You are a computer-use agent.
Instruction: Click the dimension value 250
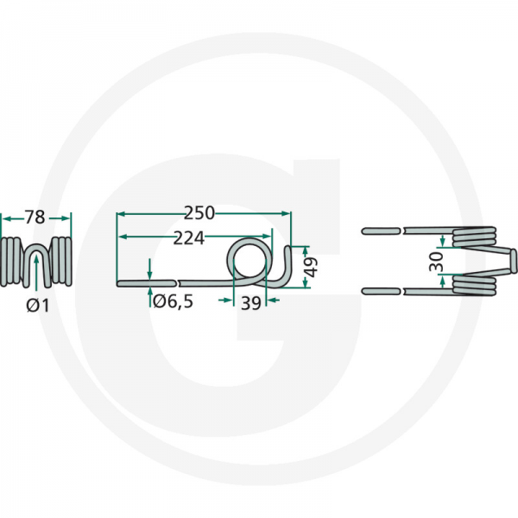[199, 213]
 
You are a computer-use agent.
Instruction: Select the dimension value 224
[189, 238]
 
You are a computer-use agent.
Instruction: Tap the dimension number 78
[35, 218]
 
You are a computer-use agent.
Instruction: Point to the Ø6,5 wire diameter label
[174, 301]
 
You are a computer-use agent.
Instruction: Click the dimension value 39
[250, 303]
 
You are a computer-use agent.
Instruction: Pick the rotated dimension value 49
[311, 267]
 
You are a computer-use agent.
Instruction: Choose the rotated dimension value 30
[436, 262]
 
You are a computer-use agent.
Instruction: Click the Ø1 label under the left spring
[38, 306]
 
